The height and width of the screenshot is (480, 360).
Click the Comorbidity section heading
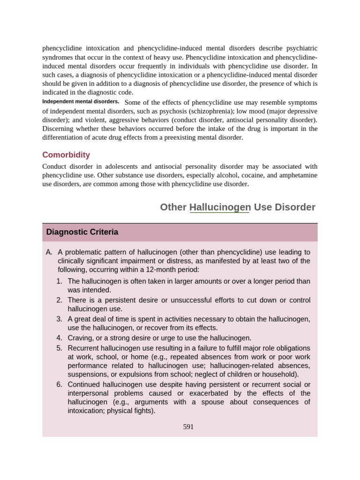(66, 155)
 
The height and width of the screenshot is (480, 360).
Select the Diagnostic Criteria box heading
(82, 232)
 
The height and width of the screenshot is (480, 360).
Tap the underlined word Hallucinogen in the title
(219, 207)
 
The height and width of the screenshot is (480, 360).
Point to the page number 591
(188, 427)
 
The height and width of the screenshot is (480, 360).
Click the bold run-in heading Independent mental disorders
(81, 102)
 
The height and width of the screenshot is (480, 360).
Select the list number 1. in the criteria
(59, 281)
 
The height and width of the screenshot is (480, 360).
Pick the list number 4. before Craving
(59, 338)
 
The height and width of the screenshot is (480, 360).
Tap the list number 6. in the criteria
(59, 384)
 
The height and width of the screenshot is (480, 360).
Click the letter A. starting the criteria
(49, 252)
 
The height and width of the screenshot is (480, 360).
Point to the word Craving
(81, 338)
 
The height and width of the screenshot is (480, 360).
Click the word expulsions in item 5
(128, 374)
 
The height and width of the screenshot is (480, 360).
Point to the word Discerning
(60, 128)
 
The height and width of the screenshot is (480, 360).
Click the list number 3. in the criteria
(59, 319)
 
